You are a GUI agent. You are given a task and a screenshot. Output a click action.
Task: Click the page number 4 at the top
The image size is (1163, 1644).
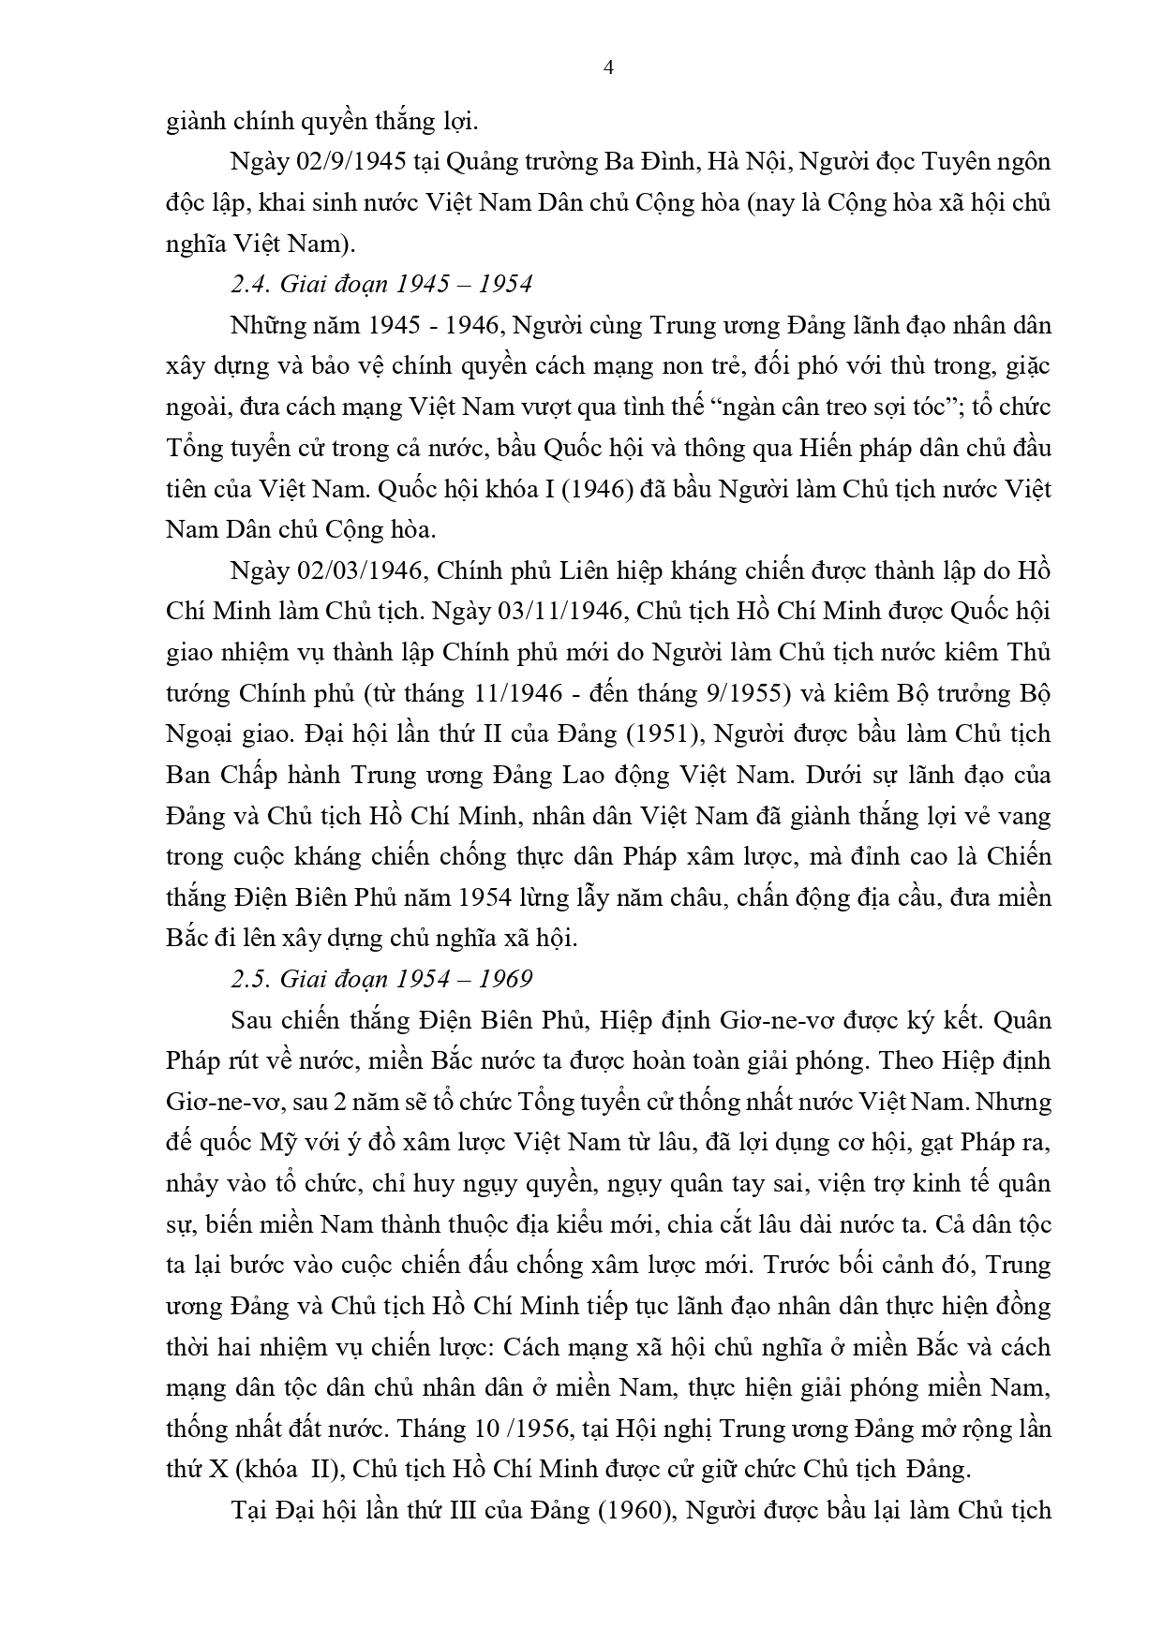pos(609,67)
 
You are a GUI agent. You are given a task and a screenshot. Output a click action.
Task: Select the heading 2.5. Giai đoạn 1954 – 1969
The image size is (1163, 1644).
pos(381,979)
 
